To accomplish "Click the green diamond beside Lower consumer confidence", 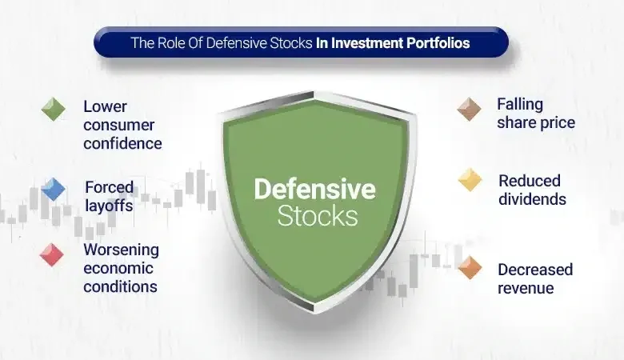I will [54, 109].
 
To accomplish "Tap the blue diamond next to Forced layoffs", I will [54, 189].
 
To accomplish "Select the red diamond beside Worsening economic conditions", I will [52, 254].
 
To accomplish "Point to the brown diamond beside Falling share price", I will [469, 109].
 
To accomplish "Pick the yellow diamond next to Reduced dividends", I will [470, 180].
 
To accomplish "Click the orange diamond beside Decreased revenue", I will [470, 269].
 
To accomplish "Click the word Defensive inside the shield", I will [314, 190].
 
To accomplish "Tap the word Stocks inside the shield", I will [317, 215].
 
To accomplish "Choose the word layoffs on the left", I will [109, 206].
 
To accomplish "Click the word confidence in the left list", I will [122, 144].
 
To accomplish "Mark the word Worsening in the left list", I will [121, 250].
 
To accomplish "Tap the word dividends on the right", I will [531, 199].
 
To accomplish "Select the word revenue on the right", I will [526, 288].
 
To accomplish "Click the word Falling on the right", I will [519, 105].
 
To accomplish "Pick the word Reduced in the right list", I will [529, 181].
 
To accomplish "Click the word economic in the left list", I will [118, 268].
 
